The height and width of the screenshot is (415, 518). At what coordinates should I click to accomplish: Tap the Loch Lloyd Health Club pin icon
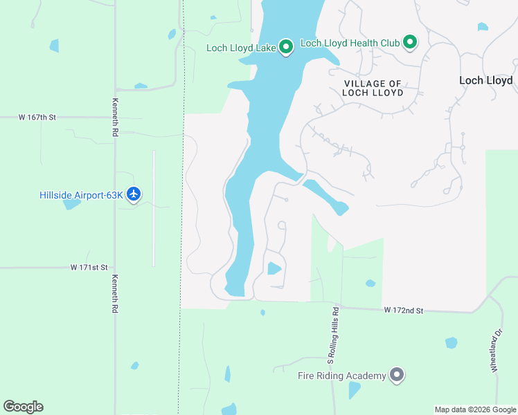[x=409, y=43]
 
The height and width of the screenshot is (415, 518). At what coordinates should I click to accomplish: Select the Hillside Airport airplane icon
[x=134, y=194]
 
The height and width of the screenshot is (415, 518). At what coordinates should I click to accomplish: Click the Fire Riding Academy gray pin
[x=396, y=375]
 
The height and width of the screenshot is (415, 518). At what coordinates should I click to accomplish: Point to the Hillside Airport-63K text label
[x=81, y=195]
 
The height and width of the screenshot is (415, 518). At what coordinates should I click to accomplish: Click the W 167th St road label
[x=37, y=118]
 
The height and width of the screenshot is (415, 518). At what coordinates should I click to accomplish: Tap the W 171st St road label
[x=89, y=267]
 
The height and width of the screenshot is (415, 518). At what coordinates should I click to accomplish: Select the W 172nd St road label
[x=404, y=311]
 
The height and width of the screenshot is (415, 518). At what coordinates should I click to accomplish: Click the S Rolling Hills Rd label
[x=333, y=335]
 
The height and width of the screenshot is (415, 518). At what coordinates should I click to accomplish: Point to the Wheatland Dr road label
[x=496, y=356]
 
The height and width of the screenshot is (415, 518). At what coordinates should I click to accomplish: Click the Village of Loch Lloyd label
[x=373, y=88]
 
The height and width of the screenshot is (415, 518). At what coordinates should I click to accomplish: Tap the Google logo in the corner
[x=23, y=407]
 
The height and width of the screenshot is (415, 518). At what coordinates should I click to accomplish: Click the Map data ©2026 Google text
[x=475, y=409]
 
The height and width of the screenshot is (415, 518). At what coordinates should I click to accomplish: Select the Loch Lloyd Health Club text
[x=350, y=43]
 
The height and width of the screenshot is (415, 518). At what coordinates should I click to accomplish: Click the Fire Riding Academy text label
[x=341, y=376]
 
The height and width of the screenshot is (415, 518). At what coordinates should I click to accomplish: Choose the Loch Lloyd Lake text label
[x=241, y=48]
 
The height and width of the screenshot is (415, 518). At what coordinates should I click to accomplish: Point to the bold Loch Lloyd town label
[x=486, y=80]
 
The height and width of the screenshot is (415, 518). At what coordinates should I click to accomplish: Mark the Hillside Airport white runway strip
[x=154, y=207]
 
